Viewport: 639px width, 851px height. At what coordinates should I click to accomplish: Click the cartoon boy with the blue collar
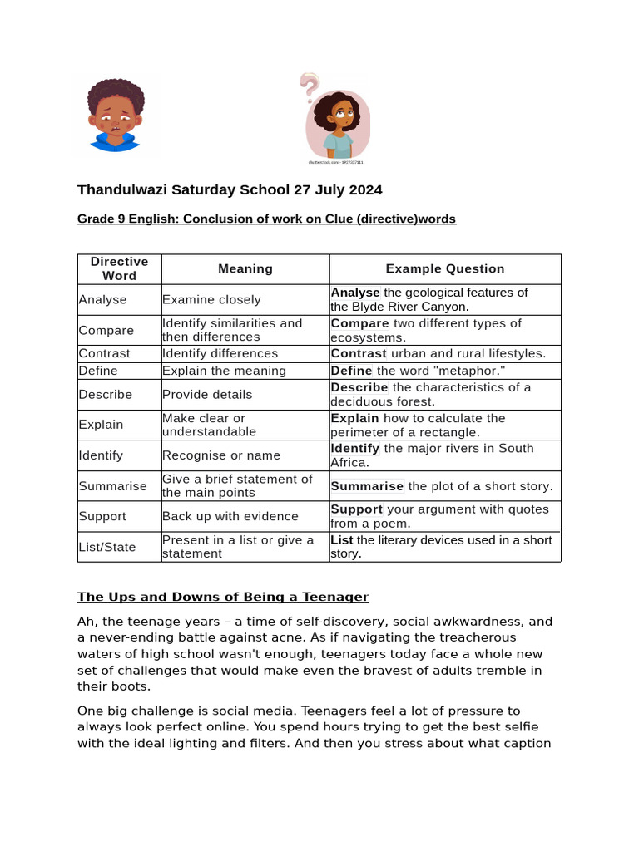coord(116,116)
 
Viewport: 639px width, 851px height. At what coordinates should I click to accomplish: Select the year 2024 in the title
coord(363,189)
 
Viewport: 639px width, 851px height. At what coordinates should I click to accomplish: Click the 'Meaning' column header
coord(245,268)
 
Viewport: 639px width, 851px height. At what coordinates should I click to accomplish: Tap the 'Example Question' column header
coord(444,268)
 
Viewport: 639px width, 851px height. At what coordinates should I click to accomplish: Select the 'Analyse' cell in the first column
coord(102,299)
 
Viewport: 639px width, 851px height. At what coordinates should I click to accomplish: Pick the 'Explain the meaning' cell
coord(224,371)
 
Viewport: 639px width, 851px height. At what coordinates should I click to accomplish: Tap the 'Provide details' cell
coord(207,394)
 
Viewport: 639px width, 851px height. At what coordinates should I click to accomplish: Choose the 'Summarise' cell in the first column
coord(112,485)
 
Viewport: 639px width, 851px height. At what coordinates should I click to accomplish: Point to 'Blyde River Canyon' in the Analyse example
coord(409,307)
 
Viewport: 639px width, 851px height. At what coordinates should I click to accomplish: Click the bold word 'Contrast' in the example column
coord(359,353)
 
